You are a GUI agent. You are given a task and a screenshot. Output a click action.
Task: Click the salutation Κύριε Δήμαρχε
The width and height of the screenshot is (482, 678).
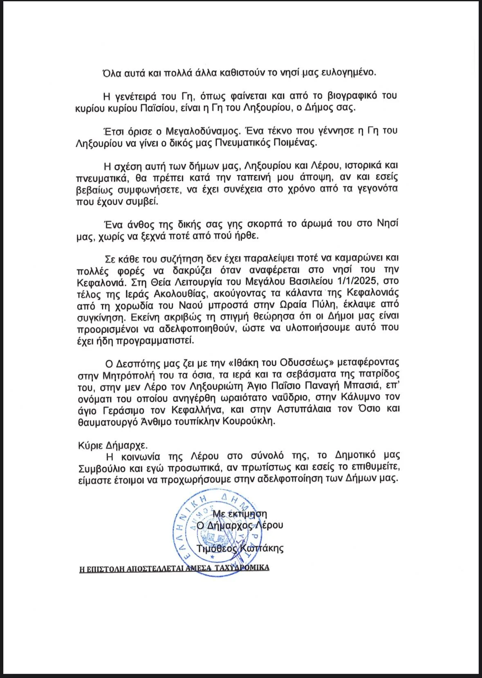tap(113, 445)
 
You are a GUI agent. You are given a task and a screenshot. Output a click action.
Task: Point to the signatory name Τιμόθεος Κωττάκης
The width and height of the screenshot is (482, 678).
tap(240, 548)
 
